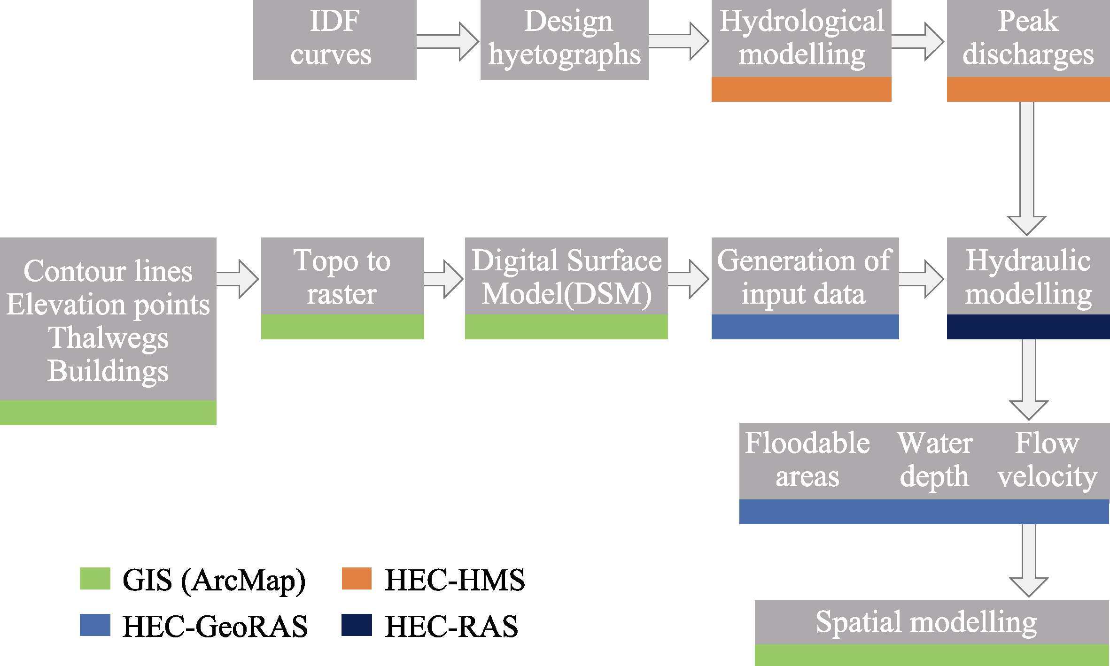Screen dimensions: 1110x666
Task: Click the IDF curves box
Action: tap(334, 40)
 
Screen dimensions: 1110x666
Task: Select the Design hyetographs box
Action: tap(564, 40)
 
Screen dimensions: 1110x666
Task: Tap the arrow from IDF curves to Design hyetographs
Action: tap(448, 41)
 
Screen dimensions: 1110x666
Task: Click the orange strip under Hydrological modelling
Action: tap(801, 89)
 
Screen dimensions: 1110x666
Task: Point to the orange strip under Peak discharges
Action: tap(1028, 89)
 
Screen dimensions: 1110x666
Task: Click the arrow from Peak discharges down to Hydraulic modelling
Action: tap(1027, 168)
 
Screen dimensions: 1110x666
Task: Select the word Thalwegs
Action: tap(108, 338)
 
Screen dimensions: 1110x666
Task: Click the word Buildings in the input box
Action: tap(108, 371)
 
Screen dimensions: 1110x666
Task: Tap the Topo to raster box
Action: tap(342, 288)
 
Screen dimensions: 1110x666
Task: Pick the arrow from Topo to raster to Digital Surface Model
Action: tap(444, 279)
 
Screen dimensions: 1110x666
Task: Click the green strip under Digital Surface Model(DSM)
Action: tap(567, 327)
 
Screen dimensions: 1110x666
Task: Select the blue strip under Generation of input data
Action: tap(805, 327)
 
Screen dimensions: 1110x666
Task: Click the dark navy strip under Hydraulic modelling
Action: tap(1028, 327)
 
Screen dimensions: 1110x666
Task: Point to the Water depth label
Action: tap(935, 460)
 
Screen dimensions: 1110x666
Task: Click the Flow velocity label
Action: tap(1048, 460)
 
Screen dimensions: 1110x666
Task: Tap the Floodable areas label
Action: tap(807, 459)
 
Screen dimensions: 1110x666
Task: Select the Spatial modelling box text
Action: tap(926, 623)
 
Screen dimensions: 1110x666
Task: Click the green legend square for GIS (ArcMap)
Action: tap(95, 578)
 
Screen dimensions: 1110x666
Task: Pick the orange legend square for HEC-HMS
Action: tap(357, 578)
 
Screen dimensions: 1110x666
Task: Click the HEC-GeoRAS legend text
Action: tap(215, 627)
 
